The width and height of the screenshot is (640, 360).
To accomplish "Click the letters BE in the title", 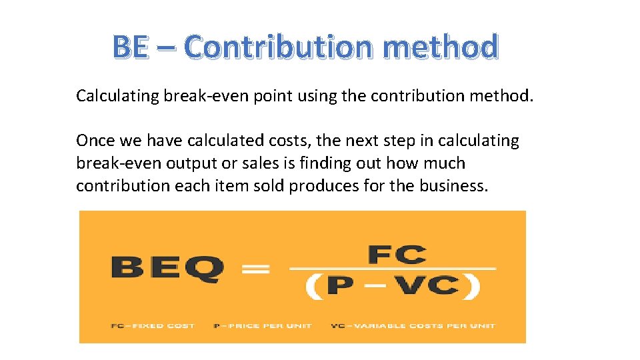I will click(130, 47).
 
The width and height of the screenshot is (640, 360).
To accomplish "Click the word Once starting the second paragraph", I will click(93, 141).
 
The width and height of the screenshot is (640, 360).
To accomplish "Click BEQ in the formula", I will click(167, 269).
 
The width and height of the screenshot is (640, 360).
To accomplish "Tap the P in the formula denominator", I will click(341, 287).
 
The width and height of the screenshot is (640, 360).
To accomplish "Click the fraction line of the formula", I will click(393, 269).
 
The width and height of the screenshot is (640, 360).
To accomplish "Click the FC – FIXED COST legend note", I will click(153, 326).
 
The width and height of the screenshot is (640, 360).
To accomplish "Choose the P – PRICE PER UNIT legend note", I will click(257, 326).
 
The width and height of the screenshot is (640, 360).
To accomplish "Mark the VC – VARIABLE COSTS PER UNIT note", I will click(413, 326).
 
